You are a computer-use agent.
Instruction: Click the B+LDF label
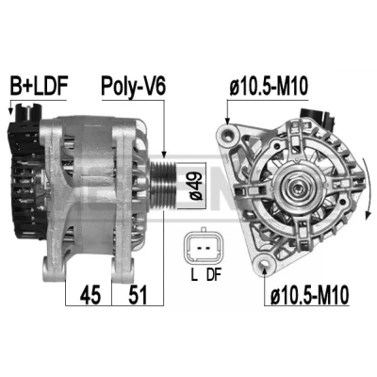(x=40, y=86)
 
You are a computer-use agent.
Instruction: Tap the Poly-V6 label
(x=133, y=86)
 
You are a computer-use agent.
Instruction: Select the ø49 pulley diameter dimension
(x=196, y=186)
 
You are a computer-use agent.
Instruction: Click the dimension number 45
(x=90, y=295)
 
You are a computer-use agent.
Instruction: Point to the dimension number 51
(x=138, y=295)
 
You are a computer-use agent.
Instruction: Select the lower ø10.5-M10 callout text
(x=309, y=294)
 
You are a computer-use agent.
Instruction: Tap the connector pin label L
(x=194, y=275)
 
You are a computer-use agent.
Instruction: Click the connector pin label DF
(x=214, y=275)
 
